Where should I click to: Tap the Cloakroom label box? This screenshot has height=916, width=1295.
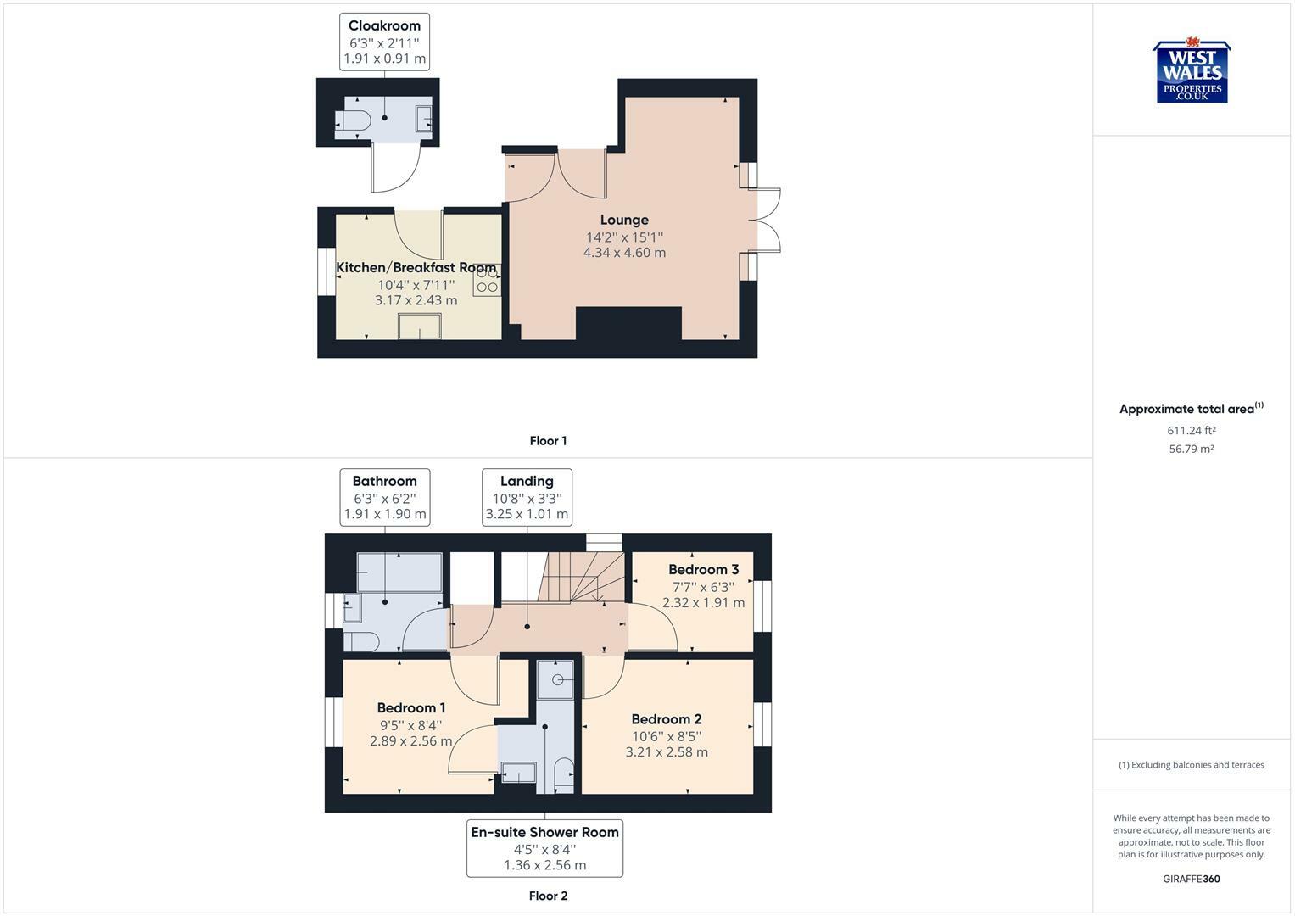(x=384, y=42)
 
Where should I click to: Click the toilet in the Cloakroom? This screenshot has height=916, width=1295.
(x=356, y=121)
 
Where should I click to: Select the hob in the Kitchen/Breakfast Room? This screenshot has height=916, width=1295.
(x=487, y=280)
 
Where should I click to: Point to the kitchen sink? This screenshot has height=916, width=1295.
(x=420, y=326)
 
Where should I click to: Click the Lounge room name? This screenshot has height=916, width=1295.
(x=624, y=220)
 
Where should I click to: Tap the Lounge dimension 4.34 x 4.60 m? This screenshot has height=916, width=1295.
(x=624, y=253)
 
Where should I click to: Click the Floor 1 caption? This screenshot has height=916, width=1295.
(x=548, y=441)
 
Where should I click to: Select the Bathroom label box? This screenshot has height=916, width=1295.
(x=384, y=497)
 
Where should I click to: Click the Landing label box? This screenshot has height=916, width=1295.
(x=527, y=497)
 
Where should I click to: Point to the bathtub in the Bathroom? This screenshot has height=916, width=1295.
(x=399, y=572)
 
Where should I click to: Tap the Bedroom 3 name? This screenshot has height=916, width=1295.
(x=703, y=569)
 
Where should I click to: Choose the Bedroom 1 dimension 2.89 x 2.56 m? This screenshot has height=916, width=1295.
(x=410, y=741)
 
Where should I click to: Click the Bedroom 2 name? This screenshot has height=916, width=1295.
(x=666, y=719)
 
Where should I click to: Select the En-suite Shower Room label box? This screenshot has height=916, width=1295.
(x=544, y=848)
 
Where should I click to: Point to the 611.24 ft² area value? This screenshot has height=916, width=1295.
(x=1192, y=430)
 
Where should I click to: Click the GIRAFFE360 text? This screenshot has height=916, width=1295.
(x=1192, y=879)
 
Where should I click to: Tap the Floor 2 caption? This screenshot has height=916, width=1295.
(x=548, y=896)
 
